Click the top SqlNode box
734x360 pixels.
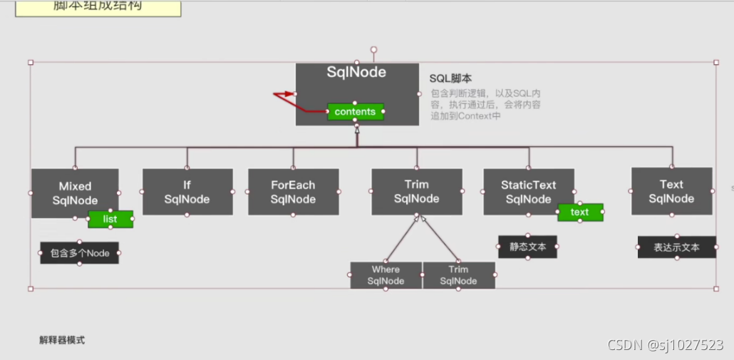[x=357, y=82]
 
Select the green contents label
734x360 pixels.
[x=355, y=112]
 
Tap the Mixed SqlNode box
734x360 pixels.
[x=75, y=192]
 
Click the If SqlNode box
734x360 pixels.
[x=187, y=192]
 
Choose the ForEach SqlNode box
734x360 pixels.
[x=293, y=192]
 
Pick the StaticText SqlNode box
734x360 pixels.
[x=528, y=192]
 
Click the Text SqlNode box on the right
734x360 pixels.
[x=671, y=191]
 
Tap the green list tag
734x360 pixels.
[x=110, y=219]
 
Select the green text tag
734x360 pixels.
[x=580, y=212]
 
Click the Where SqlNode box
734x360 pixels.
[x=386, y=275]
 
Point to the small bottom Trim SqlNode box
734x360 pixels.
[x=458, y=275]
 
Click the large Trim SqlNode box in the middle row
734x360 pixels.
[x=416, y=192]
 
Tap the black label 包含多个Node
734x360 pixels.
[x=79, y=253]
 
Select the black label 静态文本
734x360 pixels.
[x=527, y=247]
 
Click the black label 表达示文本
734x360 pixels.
[x=676, y=247]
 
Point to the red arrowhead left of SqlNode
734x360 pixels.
[x=288, y=93]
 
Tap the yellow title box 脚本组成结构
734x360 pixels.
[x=98, y=6]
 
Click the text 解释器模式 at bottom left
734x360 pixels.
[x=62, y=340]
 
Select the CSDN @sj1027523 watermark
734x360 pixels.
[x=665, y=345]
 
